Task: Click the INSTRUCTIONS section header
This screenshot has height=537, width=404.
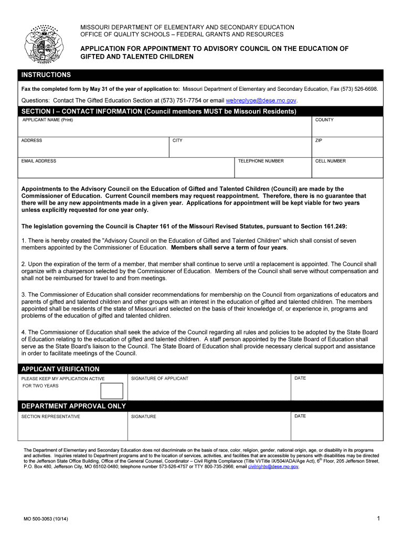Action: [x=46, y=75]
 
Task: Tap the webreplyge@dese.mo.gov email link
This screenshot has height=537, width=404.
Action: [x=261, y=100]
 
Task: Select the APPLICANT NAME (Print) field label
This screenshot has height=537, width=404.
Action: [x=48, y=120]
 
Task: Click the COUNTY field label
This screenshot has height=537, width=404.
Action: [x=324, y=120]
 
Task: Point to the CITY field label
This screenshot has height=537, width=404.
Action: [x=177, y=141]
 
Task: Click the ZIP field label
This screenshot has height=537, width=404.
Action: [x=318, y=141]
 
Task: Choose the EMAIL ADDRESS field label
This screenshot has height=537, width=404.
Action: [x=39, y=161]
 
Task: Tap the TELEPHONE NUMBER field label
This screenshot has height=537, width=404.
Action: [x=261, y=161]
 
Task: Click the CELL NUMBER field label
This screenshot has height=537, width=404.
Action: [x=331, y=161]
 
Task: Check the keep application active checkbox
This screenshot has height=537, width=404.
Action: [x=111, y=391]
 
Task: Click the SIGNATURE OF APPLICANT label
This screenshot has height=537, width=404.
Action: [x=160, y=379]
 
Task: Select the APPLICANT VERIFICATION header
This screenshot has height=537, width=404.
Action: [x=60, y=369]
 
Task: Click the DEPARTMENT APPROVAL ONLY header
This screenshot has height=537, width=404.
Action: [x=73, y=406]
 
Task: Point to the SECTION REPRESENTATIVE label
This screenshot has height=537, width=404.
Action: [x=51, y=416]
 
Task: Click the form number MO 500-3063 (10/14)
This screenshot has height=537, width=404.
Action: [x=46, y=519]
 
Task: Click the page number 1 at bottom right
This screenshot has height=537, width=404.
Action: [x=378, y=518]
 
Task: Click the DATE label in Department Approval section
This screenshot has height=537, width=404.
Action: [x=300, y=416]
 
